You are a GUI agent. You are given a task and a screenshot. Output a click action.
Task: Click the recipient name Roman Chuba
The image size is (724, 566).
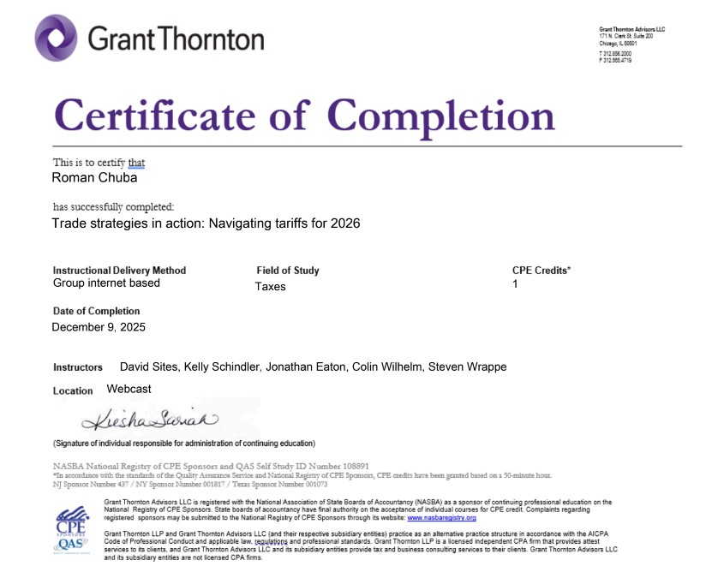point(94,178)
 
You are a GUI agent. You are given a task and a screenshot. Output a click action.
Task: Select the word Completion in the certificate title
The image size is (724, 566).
point(441,115)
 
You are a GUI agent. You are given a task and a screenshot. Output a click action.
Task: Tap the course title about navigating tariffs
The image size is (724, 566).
point(206,223)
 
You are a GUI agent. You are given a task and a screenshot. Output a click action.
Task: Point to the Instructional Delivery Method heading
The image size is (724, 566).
point(119,271)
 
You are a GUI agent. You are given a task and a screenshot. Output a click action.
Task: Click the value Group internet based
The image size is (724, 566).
point(106,283)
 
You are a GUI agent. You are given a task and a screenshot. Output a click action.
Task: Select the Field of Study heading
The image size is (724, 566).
point(287,271)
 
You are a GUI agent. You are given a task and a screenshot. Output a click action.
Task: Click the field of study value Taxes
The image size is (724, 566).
point(270,287)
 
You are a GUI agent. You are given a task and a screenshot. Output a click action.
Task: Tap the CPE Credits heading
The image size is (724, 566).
point(542,271)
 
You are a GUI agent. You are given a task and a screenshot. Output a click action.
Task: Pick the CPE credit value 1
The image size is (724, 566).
point(515,283)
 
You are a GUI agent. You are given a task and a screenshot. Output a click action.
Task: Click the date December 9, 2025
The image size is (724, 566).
point(99,327)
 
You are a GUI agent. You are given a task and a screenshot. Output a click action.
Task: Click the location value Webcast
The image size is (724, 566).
point(129,389)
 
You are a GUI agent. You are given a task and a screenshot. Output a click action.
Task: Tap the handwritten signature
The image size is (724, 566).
point(151,420)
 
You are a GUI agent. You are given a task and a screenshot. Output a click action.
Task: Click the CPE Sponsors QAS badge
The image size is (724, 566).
point(72,528)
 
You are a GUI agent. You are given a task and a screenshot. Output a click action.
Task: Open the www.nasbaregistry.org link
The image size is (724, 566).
point(441,518)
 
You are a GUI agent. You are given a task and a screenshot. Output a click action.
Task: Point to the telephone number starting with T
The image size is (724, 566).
point(615,53)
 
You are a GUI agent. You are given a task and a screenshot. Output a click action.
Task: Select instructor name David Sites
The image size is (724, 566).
point(147,366)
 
